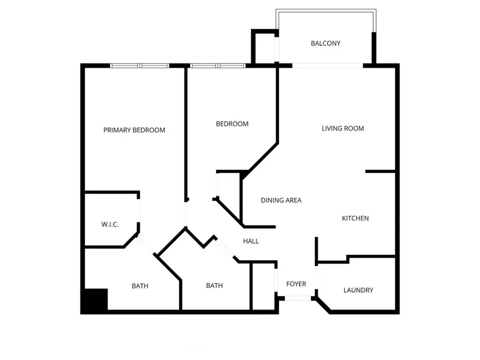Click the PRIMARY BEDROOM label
click(x=134, y=130)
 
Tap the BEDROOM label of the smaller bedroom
click(x=232, y=124)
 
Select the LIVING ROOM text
click(x=342, y=129)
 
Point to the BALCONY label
click(x=325, y=44)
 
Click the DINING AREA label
click(x=281, y=201)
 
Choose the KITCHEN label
click(x=355, y=218)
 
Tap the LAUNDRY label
click(x=358, y=290)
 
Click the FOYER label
click(x=296, y=284)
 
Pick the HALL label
click(x=251, y=242)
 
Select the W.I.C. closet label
click(x=110, y=225)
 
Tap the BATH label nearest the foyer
click(x=214, y=286)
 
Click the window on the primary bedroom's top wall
click(x=139, y=66)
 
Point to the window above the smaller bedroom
click(x=218, y=66)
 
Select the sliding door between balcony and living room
click(x=327, y=66)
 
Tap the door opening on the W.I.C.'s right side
click(x=140, y=212)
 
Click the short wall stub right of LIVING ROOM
click(x=380, y=171)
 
